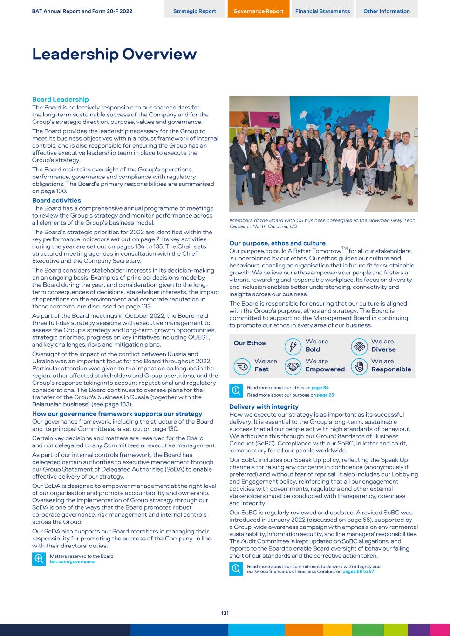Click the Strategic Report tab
(x=194, y=11)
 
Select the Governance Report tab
(x=258, y=11)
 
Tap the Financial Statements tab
(x=322, y=11)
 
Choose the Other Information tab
(x=386, y=11)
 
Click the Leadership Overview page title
(x=114, y=54)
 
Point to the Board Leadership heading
(x=60, y=99)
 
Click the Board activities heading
(x=56, y=200)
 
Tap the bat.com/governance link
(x=73, y=562)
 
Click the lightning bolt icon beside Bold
(x=293, y=346)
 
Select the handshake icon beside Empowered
(x=293, y=366)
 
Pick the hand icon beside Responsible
(x=359, y=366)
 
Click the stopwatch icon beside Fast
(x=242, y=366)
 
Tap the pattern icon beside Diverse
(x=359, y=346)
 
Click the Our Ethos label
(x=249, y=343)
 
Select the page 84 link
(x=320, y=388)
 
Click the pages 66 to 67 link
(x=358, y=571)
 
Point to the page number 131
(x=225, y=613)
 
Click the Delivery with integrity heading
(x=264, y=407)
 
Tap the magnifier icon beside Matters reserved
(x=39, y=559)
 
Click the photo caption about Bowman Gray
(x=322, y=223)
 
